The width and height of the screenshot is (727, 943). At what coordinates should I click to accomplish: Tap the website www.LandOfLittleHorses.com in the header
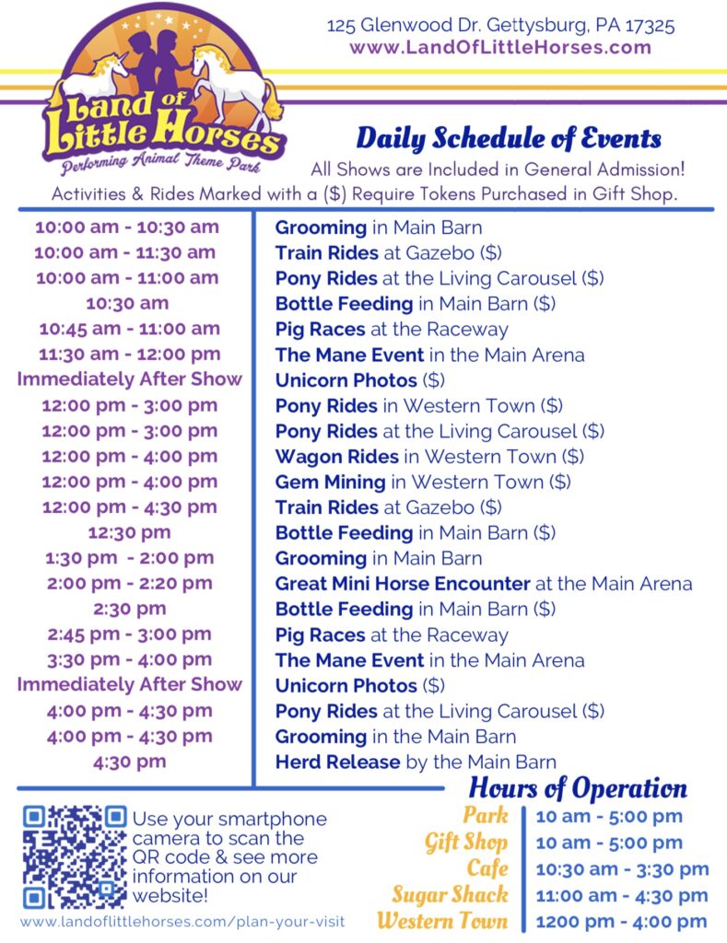tap(500, 48)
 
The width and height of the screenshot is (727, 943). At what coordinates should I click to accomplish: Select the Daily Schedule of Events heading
tap(509, 139)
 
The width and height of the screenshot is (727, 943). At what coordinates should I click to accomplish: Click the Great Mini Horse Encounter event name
tap(403, 583)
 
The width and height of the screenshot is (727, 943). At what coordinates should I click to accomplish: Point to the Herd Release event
tap(416, 762)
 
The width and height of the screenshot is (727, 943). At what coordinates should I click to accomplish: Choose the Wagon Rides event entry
tap(429, 457)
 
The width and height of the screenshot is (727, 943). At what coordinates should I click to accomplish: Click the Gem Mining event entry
tap(423, 482)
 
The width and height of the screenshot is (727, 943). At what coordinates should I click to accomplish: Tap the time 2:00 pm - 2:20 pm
tap(129, 583)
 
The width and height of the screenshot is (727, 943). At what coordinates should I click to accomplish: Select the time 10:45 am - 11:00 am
tap(129, 329)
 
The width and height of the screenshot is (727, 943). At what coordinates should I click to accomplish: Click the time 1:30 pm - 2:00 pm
tap(129, 558)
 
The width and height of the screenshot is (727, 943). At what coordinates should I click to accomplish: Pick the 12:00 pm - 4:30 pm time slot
tap(129, 507)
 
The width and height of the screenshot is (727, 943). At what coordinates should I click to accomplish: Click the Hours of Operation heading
tap(578, 788)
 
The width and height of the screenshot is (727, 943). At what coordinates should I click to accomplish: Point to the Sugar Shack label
tap(451, 895)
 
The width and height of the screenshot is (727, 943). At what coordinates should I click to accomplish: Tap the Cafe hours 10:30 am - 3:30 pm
tap(622, 869)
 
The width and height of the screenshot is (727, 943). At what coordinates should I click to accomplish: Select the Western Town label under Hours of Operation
tap(442, 921)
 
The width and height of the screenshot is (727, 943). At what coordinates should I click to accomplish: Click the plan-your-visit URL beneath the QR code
tap(182, 922)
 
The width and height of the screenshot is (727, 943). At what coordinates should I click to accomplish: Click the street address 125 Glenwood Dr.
tap(404, 25)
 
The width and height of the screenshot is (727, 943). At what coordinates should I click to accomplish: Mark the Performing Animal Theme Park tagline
tap(161, 163)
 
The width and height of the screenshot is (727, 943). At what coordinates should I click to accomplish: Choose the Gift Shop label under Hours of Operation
tap(466, 843)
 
